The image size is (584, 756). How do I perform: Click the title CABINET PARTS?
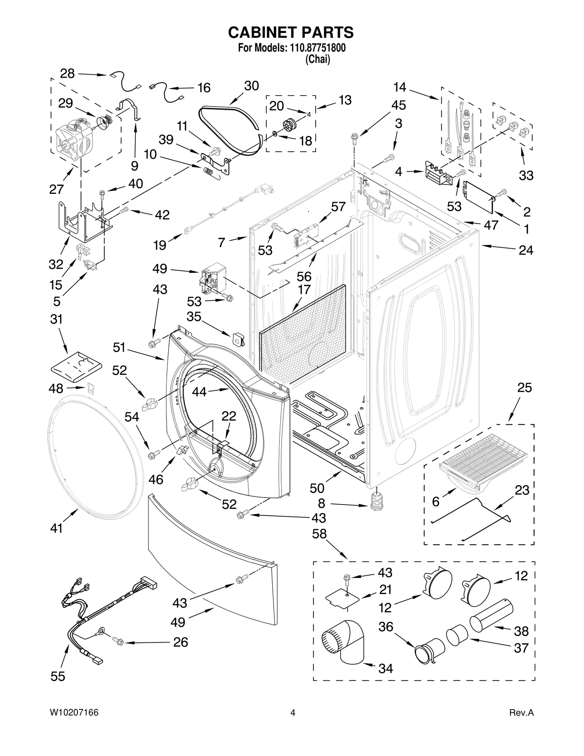click(291, 32)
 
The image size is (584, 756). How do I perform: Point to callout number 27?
click(56, 189)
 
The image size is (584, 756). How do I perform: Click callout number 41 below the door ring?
click(56, 528)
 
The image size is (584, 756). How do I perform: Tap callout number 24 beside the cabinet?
click(526, 250)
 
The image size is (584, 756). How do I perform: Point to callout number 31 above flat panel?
click(56, 319)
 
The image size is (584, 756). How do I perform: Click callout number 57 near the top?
click(338, 207)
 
